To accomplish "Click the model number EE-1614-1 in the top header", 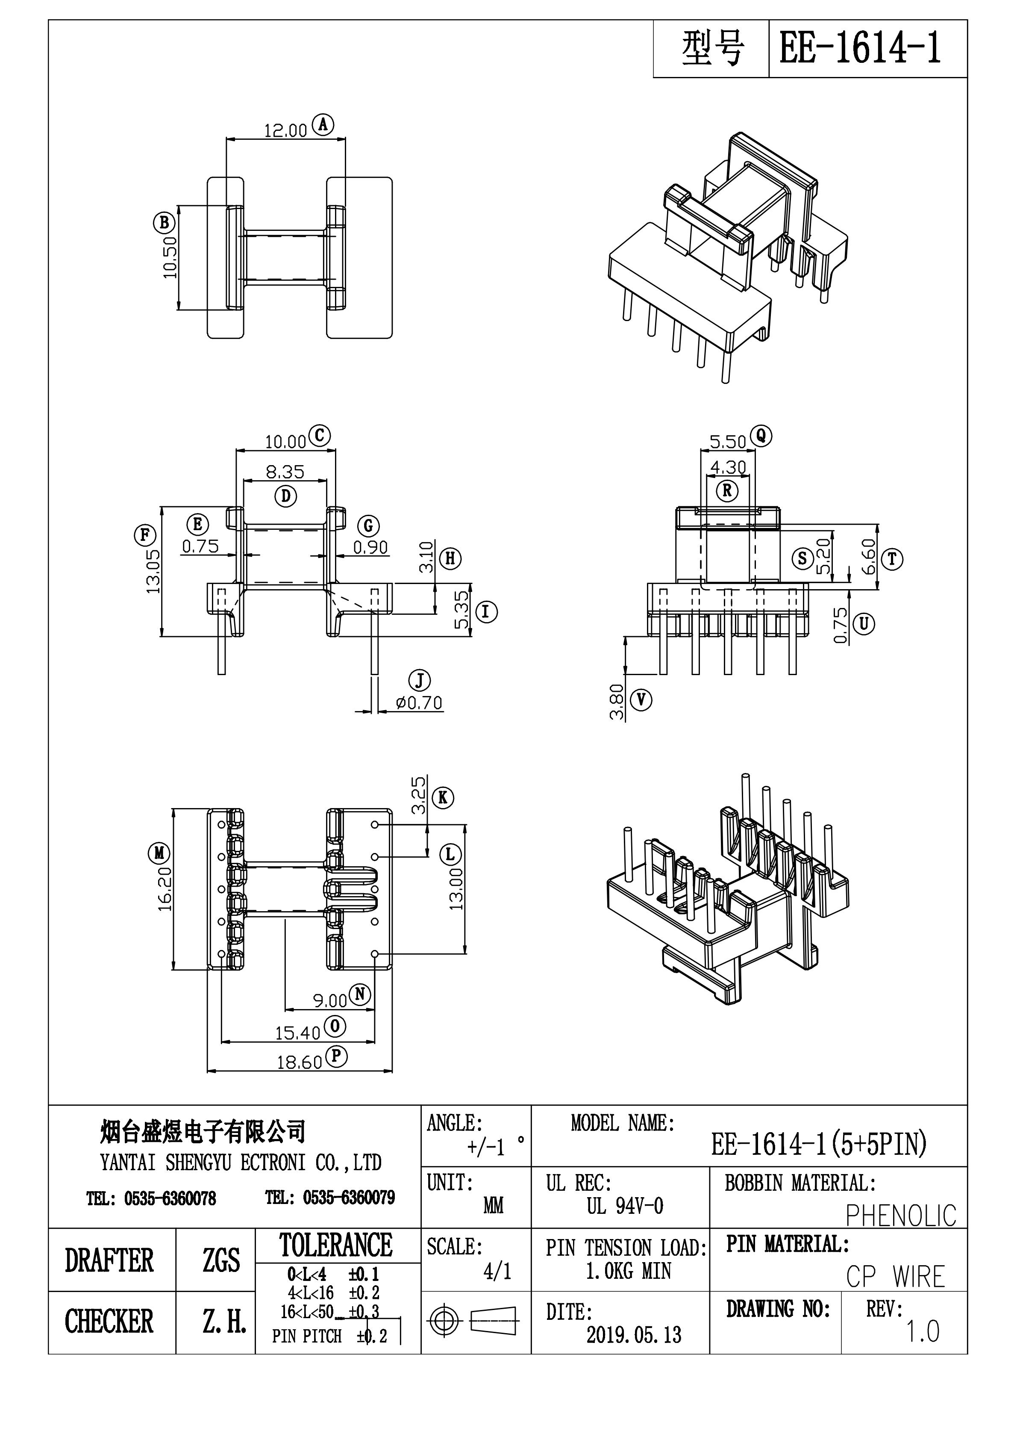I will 860,49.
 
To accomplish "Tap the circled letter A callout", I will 323,125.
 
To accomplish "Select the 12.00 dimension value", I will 285,130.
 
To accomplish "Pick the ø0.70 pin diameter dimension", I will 419,703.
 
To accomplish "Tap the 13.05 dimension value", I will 153,571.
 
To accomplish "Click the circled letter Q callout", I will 762,435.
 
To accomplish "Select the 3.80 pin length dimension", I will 617,702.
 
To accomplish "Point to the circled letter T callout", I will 892,559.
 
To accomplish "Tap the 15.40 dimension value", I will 298,1033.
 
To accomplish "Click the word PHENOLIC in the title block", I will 900,1216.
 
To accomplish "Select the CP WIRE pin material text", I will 895,1277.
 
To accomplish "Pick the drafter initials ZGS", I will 220,1260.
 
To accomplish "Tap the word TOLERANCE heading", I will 336,1245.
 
